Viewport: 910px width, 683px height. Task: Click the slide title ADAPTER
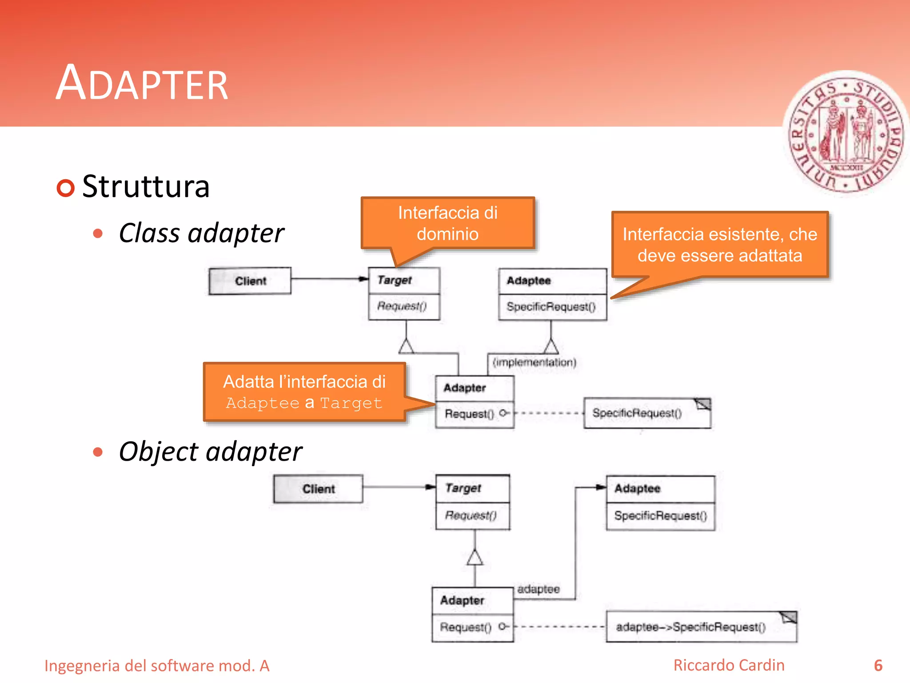(142, 84)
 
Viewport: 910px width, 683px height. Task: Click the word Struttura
(146, 186)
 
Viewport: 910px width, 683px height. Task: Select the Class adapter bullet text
(201, 233)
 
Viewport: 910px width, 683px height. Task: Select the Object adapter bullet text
(210, 452)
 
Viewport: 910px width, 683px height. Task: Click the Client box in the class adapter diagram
(250, 281)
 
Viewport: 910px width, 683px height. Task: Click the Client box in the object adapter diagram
(318, 489)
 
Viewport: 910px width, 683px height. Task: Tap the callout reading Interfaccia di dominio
(447, 223)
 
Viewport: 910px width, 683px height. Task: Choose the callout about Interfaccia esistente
(719, 245)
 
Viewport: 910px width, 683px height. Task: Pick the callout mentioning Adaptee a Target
(304, 392)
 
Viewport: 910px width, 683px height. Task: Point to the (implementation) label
(534, 362)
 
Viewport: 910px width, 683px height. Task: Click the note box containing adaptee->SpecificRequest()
(701, 627)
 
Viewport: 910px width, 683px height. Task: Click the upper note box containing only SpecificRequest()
(647, 413)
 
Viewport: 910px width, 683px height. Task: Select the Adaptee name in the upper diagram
(529, 281)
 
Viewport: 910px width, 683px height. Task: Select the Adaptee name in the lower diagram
(637, 488)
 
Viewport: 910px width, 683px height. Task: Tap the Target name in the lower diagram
(463, 488)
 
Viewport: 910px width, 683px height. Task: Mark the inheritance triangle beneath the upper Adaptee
(551, 346)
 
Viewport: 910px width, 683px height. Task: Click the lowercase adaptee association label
(538, 589)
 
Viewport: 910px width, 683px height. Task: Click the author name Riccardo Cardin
(729, 665)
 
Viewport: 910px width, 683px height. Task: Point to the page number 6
(878, 666)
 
